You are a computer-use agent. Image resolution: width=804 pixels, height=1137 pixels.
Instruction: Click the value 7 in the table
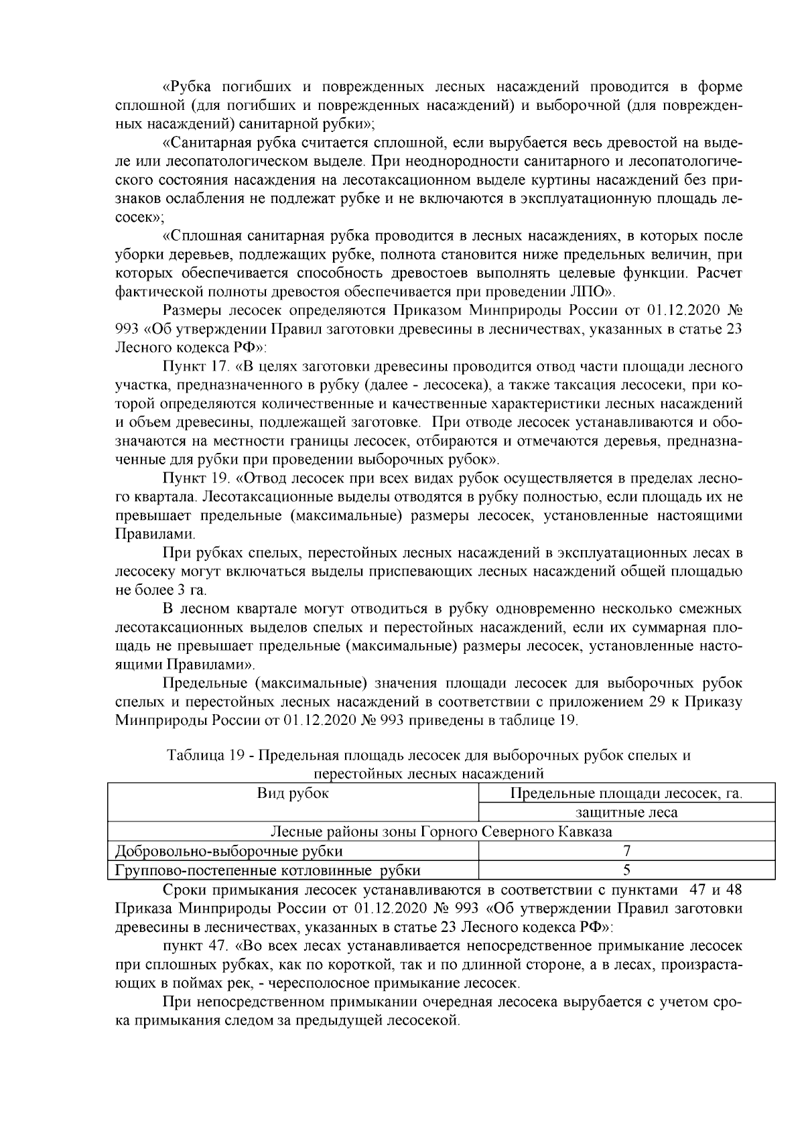tap(627, 852)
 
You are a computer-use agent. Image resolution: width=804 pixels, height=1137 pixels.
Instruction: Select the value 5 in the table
tap(627, 870)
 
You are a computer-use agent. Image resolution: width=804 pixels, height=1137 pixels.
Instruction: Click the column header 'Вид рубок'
tap(293, 793)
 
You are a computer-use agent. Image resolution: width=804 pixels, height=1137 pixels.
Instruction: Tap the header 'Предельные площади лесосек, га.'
tap(626, 793)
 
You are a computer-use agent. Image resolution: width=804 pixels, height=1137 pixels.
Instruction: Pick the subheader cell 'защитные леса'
tap(626, 813)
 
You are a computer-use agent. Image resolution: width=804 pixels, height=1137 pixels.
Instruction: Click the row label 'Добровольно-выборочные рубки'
tap(229, 852)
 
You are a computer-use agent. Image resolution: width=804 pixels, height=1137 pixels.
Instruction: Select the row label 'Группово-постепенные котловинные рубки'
tap(268, 870)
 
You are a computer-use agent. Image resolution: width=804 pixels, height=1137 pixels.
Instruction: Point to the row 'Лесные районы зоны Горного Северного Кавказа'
tap(441, 831)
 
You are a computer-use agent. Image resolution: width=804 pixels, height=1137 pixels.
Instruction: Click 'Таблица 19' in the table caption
tap(204, 756)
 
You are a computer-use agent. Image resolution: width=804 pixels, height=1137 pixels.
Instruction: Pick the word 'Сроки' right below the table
tap(183, 890)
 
